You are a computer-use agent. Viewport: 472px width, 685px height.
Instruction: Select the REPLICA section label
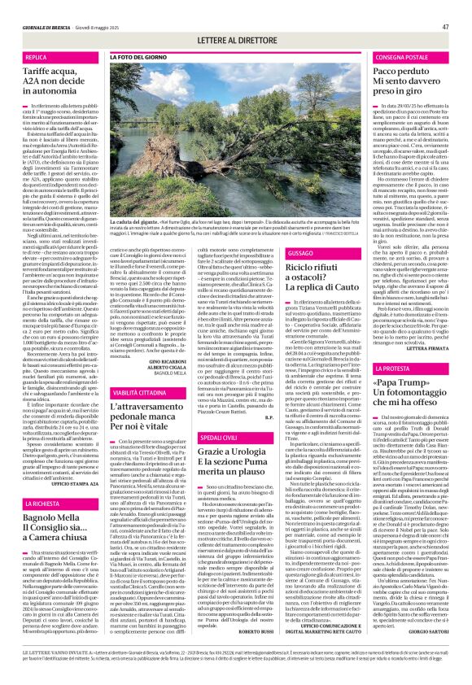36,59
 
